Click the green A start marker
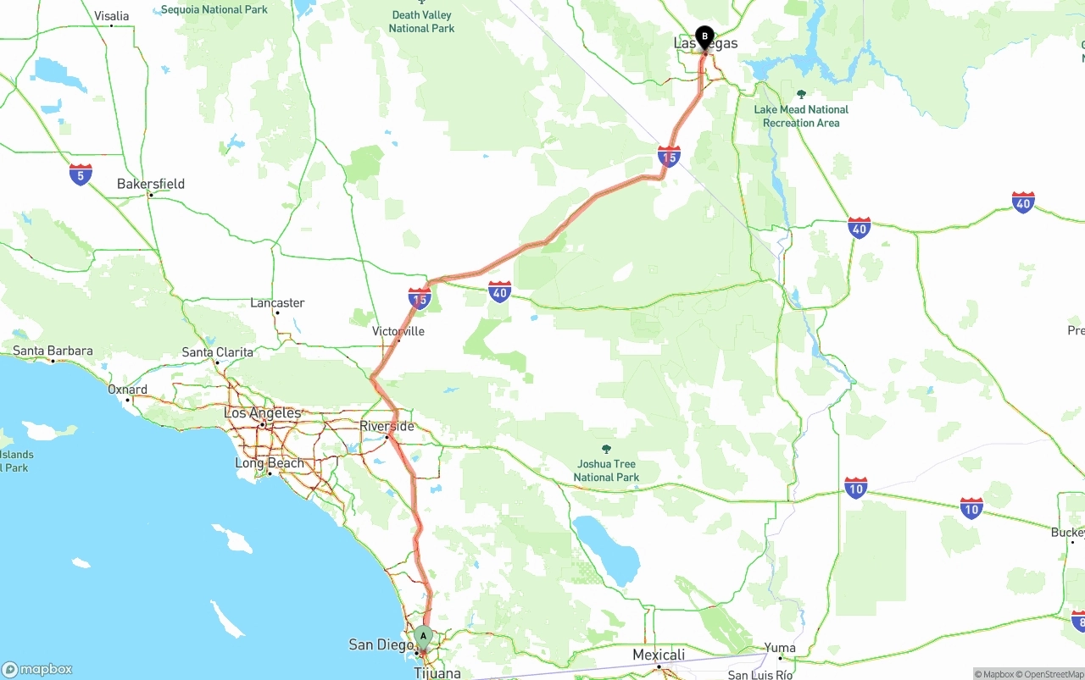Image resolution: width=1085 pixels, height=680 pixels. (423, 637)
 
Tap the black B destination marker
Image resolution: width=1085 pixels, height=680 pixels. (704, 36)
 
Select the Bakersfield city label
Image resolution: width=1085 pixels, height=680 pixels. (150, 184)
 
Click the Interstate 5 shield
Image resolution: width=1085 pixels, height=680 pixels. (81, 174)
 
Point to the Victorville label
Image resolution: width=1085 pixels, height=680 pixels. (398, 331)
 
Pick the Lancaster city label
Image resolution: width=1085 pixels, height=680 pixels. (277, 302)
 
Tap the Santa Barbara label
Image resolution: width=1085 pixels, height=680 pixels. (53, 351)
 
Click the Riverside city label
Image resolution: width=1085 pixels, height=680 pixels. (387, 426)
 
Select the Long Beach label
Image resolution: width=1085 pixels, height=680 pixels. (269, 463)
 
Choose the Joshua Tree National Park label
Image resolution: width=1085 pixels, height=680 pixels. (605, 470)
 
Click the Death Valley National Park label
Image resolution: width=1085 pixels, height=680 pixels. (421, 21)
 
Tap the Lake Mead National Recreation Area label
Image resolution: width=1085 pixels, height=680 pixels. (801, 116)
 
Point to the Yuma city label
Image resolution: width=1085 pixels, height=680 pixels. (780, 648)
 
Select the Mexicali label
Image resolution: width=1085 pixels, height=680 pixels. (659, 655)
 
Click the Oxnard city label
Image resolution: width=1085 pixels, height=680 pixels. (127, 390)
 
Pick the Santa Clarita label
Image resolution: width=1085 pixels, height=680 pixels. (217, 351)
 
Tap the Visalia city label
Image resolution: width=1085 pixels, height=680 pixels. (111, 16)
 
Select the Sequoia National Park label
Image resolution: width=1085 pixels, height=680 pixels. (214, 9)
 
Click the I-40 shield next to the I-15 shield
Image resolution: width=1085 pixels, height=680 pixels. (499, 292)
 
